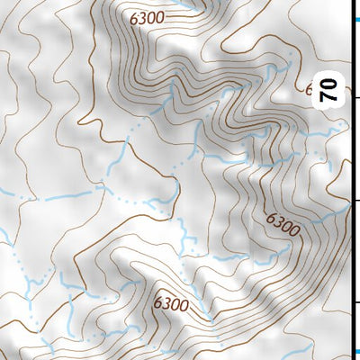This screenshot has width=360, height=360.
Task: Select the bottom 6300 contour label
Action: click(170, 304)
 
